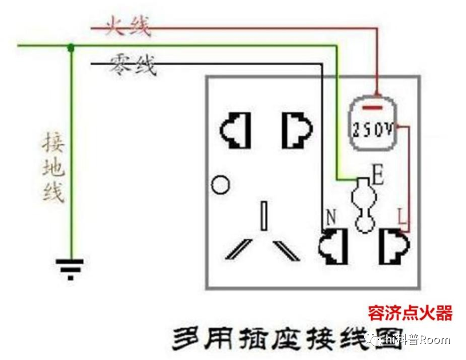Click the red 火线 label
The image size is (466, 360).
[x=128, y=26]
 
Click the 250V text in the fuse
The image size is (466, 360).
[x=372, y=130]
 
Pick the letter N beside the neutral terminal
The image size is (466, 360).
[x=330, y=217]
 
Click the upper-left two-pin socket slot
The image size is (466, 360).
[x=235, y=131]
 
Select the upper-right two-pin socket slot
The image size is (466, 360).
[x=297, y=131]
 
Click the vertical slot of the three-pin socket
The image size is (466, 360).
[x=263, y=216]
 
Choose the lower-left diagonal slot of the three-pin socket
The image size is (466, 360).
[x=239, y=250]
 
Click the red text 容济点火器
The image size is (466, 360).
[x=410, y=313]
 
